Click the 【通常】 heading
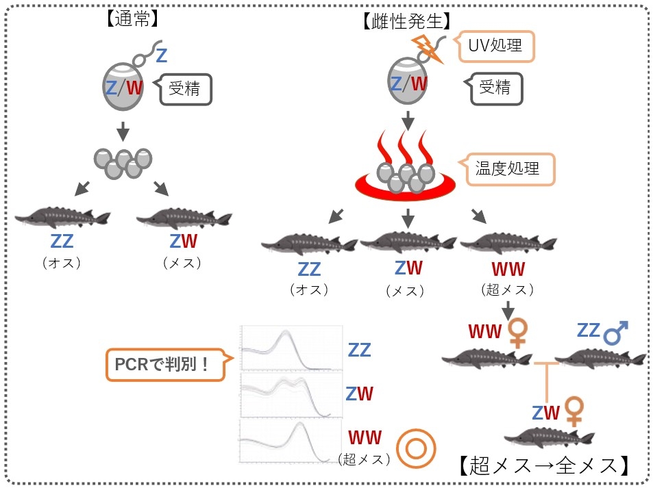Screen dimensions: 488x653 tap(133, 19)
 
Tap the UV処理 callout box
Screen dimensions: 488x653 tap(495, 47)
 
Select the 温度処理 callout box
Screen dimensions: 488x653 tap(508, 168)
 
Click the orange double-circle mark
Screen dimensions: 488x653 tap(414, 447)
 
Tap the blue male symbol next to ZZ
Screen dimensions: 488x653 tap(616, 333)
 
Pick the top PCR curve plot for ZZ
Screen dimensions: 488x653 tap(290, 348)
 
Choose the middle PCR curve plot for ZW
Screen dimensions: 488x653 tap(290, 395)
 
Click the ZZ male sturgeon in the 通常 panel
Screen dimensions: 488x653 tap(62, 218)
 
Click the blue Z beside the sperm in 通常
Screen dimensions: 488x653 tap(161, 55)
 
